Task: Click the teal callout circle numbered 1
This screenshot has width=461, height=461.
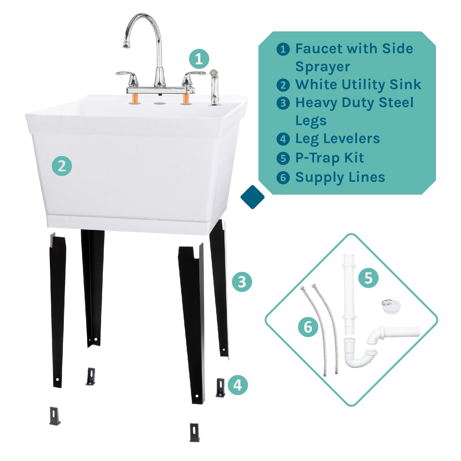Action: point(199,59)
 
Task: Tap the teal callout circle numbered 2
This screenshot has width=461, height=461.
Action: point(62,166)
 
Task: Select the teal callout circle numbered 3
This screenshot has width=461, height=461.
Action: point(242,282)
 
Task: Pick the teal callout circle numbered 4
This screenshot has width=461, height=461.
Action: point(238,385)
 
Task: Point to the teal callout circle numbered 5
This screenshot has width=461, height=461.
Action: point(368,278)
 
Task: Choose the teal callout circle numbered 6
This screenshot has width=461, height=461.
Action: point(308,327)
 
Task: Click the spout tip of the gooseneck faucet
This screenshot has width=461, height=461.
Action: point(126,45)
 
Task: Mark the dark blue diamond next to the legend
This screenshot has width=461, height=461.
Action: point(252,197)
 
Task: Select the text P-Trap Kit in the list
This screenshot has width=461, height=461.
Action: point(329,158)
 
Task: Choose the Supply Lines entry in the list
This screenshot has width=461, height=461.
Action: point(340,177)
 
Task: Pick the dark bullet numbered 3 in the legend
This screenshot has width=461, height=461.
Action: point(283,103)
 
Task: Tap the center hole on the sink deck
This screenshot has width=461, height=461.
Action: point(160,103)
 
